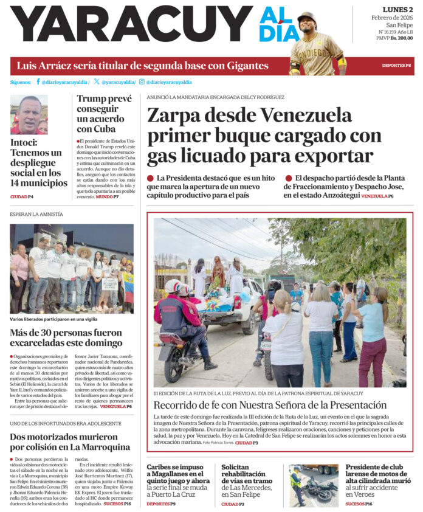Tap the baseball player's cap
307,17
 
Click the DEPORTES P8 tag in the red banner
396,65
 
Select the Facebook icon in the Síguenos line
38,81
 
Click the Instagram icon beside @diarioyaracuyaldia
142,81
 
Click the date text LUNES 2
397,10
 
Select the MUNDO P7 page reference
108,197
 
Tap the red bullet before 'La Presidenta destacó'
150,178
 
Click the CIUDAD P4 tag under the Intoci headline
22,197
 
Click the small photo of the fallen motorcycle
313,485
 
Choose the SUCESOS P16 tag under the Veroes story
359,503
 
